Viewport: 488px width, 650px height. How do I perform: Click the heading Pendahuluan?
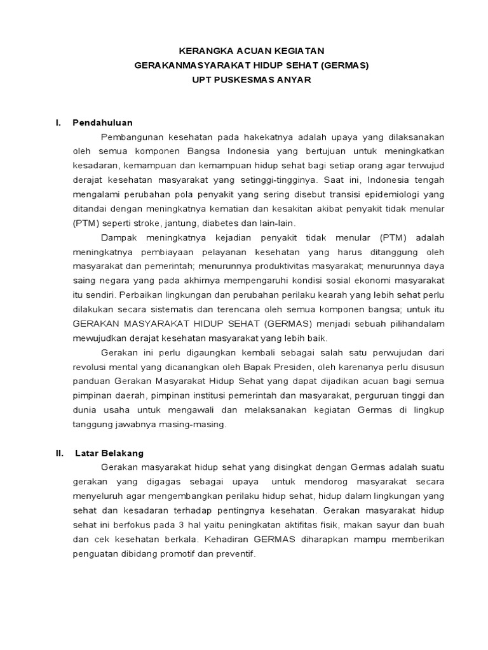(x=102, y=123)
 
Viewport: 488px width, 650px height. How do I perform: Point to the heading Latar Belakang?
(x=109, y=453)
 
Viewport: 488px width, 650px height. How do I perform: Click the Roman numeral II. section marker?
(x=60, y=453)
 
